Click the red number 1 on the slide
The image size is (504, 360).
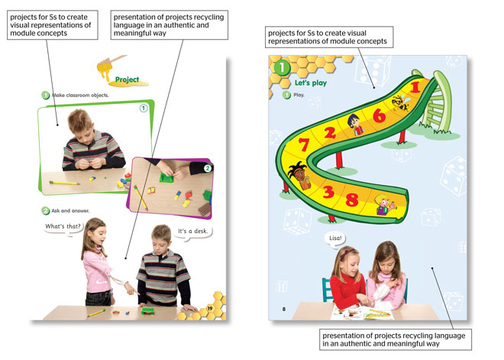[x=415, y=86]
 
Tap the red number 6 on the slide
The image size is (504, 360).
[x=380, y=115]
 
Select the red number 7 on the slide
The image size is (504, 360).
[x=304, y=144]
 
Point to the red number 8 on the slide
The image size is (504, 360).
[x=352, y=199]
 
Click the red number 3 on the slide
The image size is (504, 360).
[x=328, y=192]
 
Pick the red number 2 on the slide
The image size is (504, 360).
[x=330, y=132]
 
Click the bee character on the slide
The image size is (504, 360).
[x=400, y=102]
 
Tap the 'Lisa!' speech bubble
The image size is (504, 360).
[x=335, y=239]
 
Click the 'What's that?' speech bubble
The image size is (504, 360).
[x=63, y=227]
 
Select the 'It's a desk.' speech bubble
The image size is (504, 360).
[x=193, y=232]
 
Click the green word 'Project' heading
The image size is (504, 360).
[x=128, y=79]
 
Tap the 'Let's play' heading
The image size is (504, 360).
[x=311, y=83]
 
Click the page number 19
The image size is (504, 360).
[x=210, y=308]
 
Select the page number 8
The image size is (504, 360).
[x=284, y=309]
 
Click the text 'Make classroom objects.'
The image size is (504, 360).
[x=80, y=96]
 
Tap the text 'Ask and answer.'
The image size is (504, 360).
[x=70, y=211]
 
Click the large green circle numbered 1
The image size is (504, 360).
[x=282, y=67]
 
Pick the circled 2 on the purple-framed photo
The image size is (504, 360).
[x=208, y=168]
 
